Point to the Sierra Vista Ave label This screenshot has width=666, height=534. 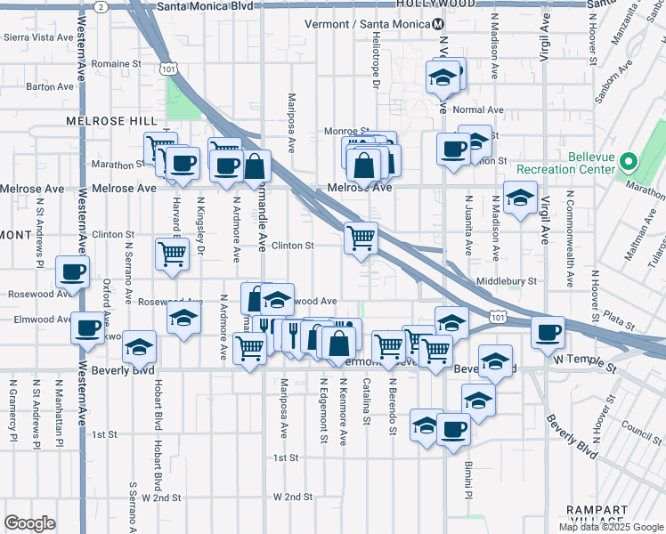click(x=39, y=37)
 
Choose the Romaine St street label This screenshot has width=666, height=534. click(x=117, y=64)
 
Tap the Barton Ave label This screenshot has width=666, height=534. click(x=50, y=86)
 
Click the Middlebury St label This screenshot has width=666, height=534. click(x=507, y=280)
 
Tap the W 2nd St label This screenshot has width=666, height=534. click(x=294, y=497)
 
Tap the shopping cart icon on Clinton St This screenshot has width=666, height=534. click(x=361, y=238)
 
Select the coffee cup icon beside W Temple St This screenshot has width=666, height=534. click(x=548, y=331)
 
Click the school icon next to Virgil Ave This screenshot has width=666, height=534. click(x=519, y=198)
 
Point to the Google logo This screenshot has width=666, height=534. click(x=29, y=523)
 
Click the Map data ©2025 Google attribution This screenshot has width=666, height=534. click(x=611, y=527)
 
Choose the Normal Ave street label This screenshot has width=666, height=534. click(x=478, y=110)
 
